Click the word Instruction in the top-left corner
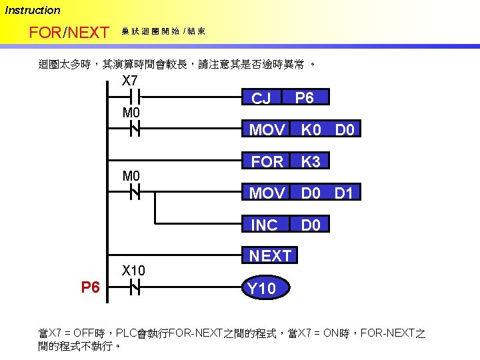click(x=33, y=10)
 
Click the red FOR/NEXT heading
click(x=69, y=32)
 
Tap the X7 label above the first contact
click(x=130, y=81)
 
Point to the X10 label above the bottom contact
click(x=133, y=271)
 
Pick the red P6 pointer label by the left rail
click(x=91, y=287)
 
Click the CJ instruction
click(x=261, y=99)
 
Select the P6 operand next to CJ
click(x=304, y=98)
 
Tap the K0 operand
click(x=311, y=129)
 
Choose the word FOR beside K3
click(x=267, y=161)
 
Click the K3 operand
click(x=311, y=161)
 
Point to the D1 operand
click(x=344, y=193)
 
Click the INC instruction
click(x=264, y=225)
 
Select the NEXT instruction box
click(x=271, y=256)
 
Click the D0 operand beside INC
click(x=311, y=225)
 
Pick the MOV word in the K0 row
click(x=267, y=129)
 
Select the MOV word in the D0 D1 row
click(x=267, y=193)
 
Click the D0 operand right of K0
click(x=345, y=129)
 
